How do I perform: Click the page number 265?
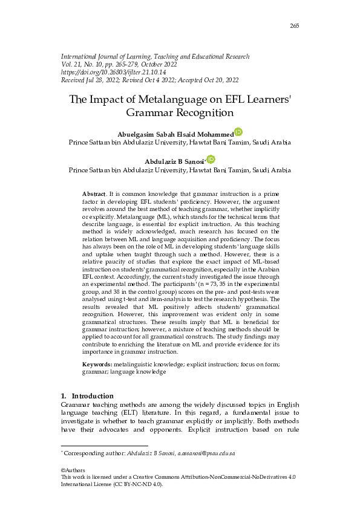click(295, 25)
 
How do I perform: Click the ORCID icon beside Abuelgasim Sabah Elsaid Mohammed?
click(238, 132)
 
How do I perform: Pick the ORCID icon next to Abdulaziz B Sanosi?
click(211, 159)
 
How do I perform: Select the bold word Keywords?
click(97, 365)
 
